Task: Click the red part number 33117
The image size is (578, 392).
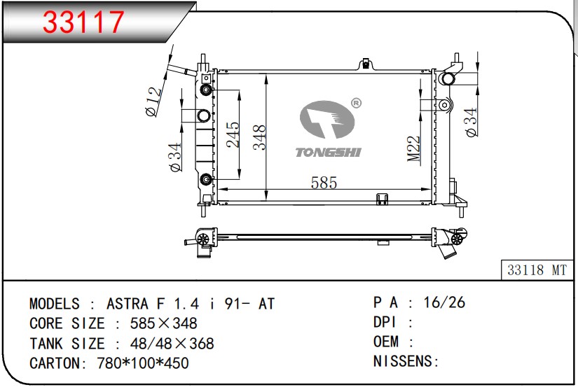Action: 83,22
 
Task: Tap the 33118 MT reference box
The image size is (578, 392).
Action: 537,270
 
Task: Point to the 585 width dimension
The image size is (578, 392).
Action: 324,183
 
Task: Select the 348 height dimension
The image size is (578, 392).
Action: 259,137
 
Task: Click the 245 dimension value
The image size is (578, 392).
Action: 233,135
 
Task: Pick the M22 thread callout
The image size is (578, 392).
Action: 414,148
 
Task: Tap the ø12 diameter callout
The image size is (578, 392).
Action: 153,101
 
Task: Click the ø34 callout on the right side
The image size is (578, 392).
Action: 471,122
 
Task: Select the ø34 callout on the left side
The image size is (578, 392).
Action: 175,157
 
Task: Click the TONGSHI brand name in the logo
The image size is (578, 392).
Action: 328,152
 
